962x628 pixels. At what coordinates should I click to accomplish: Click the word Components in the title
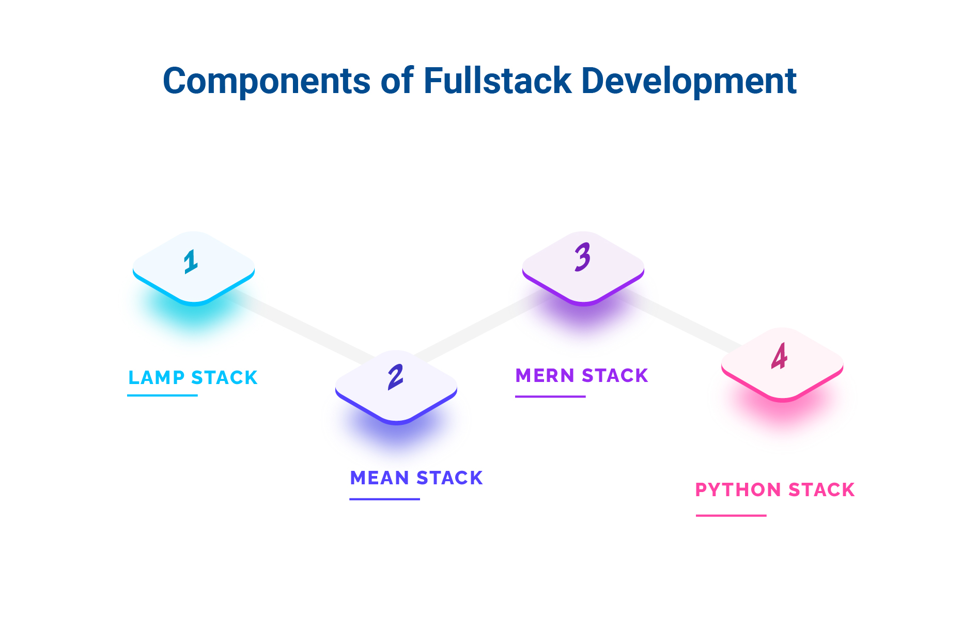[x=267, y=82]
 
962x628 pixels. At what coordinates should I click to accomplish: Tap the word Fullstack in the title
[x=497, y=81]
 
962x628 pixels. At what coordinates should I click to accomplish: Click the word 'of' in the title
[x=397, y=81]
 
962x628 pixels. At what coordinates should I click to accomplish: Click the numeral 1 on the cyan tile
[x=191, y=262]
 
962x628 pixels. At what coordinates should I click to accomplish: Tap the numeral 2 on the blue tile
[x=395, y=377]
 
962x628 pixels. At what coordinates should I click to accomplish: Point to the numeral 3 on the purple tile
[x=582, y=257]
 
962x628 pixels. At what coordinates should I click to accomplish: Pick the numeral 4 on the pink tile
[x=779, y=356]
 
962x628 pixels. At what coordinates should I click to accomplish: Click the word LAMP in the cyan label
[x=156, y=378]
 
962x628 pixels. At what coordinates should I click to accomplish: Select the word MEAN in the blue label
[x=380, y=478]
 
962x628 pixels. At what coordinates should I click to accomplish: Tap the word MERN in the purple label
[x=545, y=376]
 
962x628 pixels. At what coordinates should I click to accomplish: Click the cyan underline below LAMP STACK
[x=162, y=395]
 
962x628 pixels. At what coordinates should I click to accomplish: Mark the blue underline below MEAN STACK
[x=384, y=499]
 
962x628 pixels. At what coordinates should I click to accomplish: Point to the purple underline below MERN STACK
[x=550, y=396]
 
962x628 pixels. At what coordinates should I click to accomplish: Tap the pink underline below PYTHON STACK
[x=731, y=515]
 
